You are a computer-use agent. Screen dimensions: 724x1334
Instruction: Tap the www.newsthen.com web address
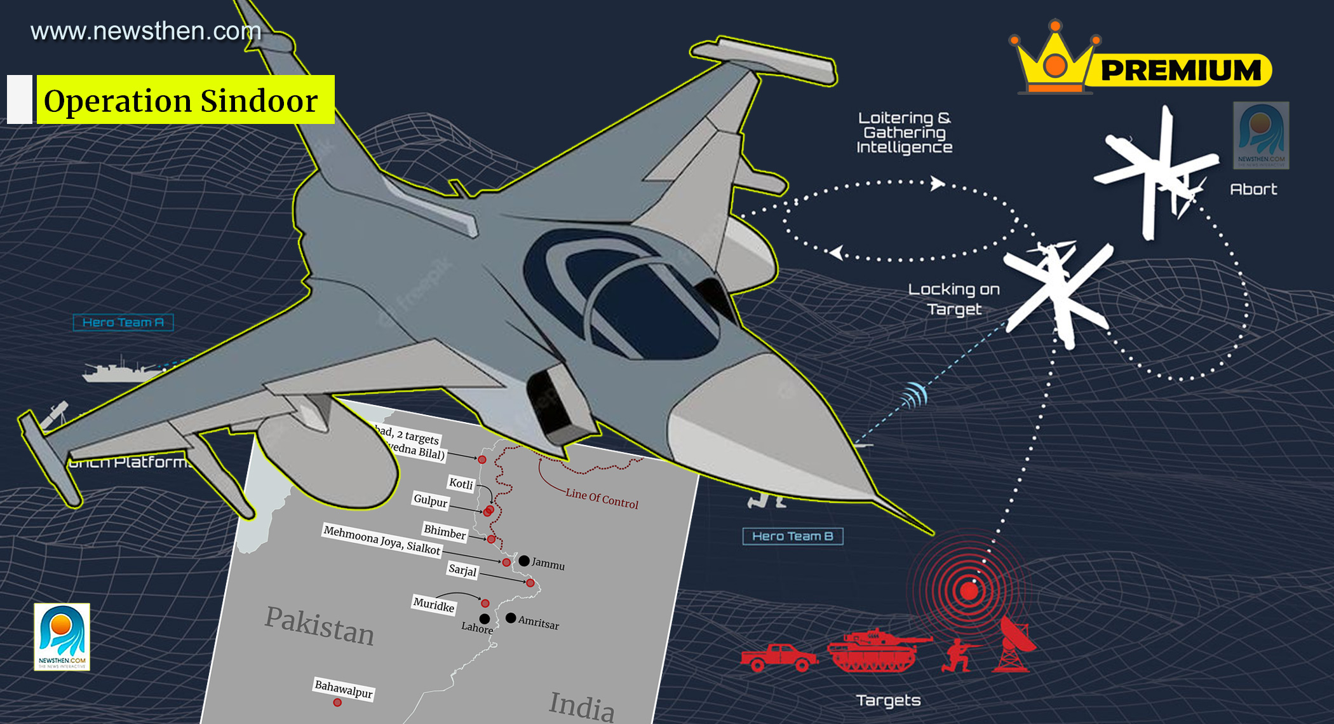(146, 31)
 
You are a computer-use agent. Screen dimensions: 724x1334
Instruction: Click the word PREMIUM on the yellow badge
(1180, 70)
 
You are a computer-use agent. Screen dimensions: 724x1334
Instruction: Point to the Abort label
(1253, 189)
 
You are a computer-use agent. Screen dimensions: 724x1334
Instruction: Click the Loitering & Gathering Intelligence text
(904, 133)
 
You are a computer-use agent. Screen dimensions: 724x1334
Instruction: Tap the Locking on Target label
(953, 299)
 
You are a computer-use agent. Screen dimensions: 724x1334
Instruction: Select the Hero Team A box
(123, 322)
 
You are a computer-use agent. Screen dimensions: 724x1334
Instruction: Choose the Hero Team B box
(792, 536)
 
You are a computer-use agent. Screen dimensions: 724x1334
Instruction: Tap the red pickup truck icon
(779, 657)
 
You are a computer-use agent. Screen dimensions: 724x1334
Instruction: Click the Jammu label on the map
(548, 564)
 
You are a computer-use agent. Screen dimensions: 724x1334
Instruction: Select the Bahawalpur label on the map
(344, 688)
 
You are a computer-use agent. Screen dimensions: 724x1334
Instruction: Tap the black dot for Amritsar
(511, 618)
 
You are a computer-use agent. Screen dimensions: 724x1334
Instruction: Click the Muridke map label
(434, 604)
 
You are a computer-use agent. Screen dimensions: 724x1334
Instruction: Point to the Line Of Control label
(602, 498)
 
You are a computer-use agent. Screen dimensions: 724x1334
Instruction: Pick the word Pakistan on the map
(320, 625)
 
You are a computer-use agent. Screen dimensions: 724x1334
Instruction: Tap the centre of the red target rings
(969, 591)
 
